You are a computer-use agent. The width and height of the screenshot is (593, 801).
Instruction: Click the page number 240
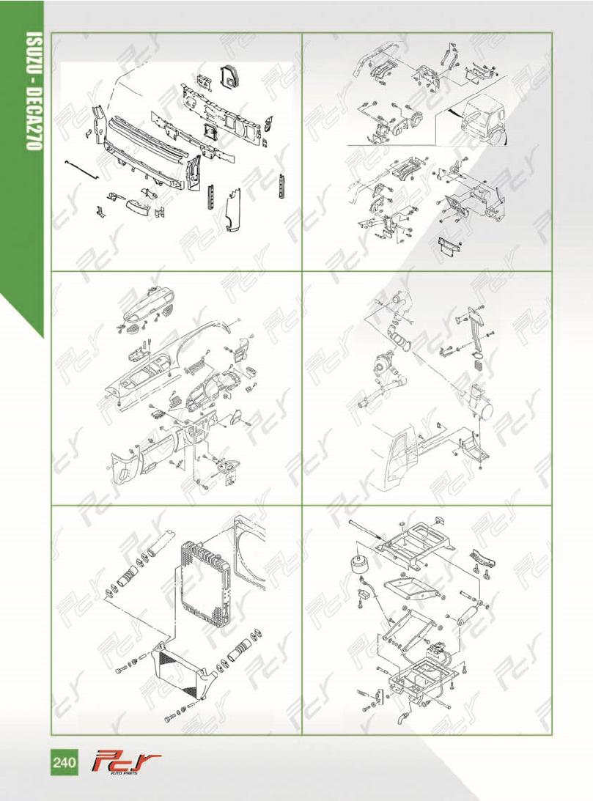(x=64, y=763)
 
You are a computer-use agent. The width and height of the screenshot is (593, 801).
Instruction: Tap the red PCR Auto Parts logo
(x=125, y=763)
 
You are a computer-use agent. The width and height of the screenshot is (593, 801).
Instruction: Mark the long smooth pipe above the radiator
(x=163, y=542)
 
